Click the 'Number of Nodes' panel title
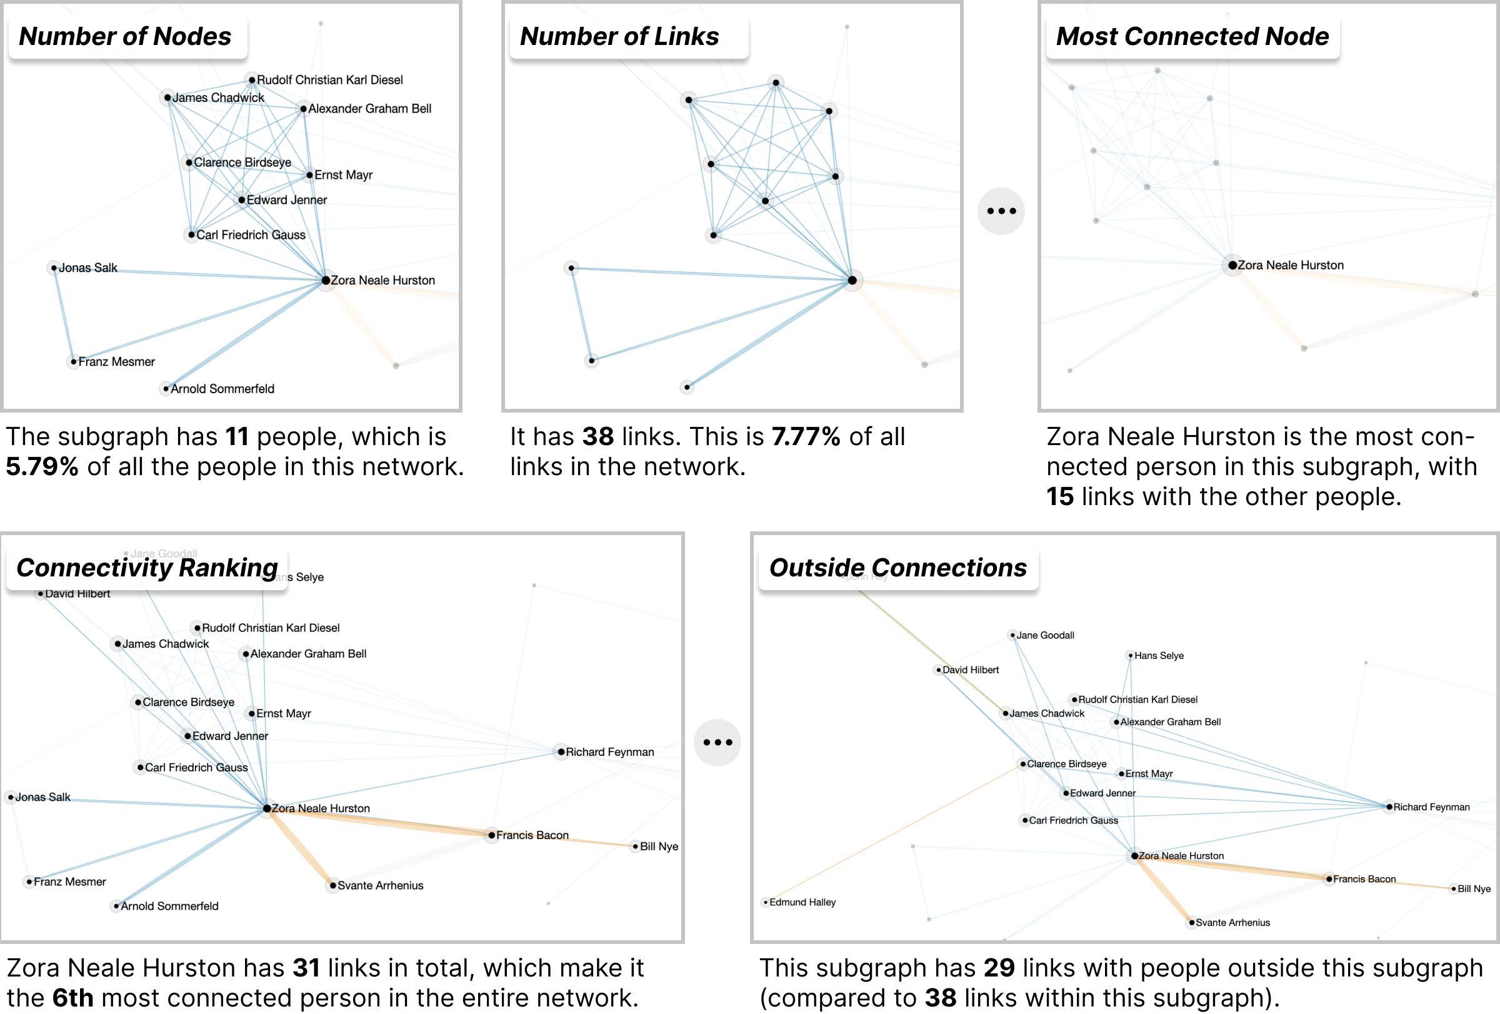125,37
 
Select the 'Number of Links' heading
619,37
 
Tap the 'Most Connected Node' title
1192,37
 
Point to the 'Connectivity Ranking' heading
147,568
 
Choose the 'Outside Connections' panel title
897,568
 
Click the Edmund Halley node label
802,902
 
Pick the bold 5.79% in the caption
42,466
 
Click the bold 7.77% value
806,437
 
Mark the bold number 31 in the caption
306,968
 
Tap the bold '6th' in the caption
72,998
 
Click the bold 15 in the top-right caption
1060,497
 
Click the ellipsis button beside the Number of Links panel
1001,211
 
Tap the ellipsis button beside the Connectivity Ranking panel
717,742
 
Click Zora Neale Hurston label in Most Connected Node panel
1290,265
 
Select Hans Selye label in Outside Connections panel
1159,656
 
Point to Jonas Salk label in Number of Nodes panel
87,268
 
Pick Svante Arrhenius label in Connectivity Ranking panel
380,886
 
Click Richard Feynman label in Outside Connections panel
1431,807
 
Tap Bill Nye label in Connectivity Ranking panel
659,846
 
